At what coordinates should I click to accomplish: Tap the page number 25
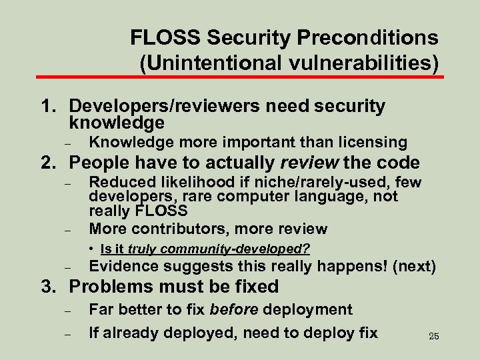click(x=434, y=336)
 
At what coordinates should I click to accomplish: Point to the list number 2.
click(x=48, y=163)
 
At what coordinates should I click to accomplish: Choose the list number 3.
click(x=48, y=287)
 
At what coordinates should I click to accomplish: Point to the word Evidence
click(x=124, y=267)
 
